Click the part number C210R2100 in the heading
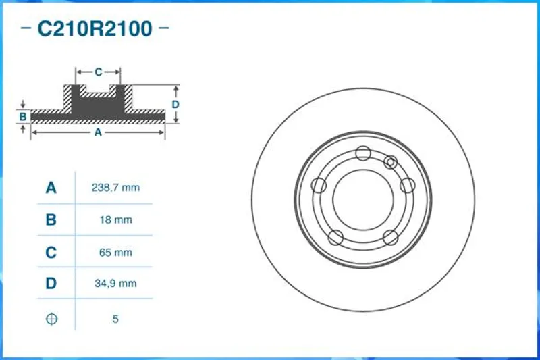click(x=94, y=28)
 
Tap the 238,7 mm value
click(x=115, y=188)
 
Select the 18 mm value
click(x=115, y=220)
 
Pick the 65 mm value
click(x=115, y=252)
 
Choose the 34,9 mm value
click(x=115, y=284)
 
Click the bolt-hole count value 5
click(x=115, y=319)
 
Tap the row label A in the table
click(x=51, y=188)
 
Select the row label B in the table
click(x=51, y=220)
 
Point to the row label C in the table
click(x=51, y=252)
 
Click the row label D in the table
click(x=51, y=284)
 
